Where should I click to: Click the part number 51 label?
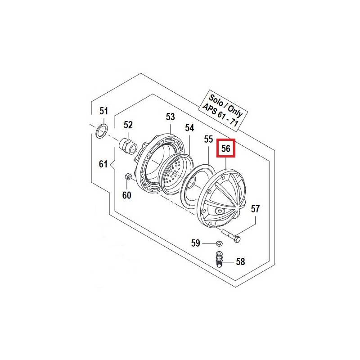(103, 111)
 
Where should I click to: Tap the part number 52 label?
(128, 125)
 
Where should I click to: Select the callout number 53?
(171, 117)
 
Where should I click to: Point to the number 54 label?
(189, 128)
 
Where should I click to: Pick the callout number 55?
(208, 139)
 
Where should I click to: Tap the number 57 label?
(255, 209)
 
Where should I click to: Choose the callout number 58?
(240, 262)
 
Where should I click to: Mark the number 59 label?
(196, 243)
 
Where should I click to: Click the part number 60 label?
(127, 195)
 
